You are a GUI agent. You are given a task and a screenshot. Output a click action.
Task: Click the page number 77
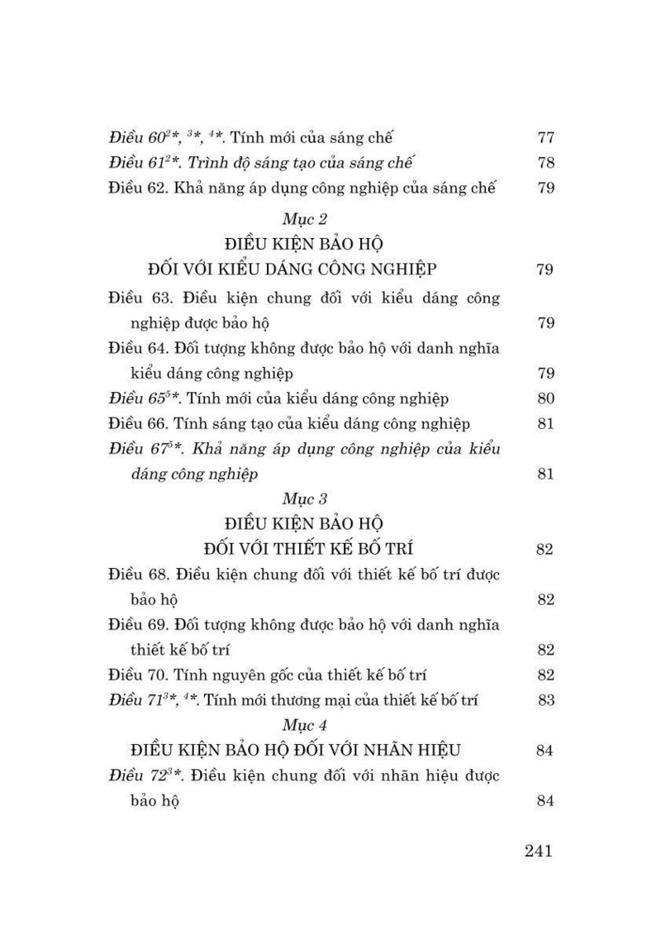(x=544, y=136)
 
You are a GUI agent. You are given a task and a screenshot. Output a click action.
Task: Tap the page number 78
(x=544, y=162)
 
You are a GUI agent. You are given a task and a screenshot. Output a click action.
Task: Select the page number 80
(x=544, y=398)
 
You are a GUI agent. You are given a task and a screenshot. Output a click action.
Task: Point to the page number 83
(x=544, y=700)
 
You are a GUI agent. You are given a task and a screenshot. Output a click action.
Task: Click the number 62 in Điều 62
(x=160, y=188)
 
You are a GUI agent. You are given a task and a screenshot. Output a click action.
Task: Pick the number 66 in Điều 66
(x=160, y=424)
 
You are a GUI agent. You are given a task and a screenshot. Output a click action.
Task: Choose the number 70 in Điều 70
(x=160, y=675)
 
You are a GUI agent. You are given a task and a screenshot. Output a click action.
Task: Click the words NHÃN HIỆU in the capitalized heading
(x=407, y=751)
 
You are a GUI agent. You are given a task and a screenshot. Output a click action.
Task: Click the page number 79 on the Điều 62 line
(x=544, y=188)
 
